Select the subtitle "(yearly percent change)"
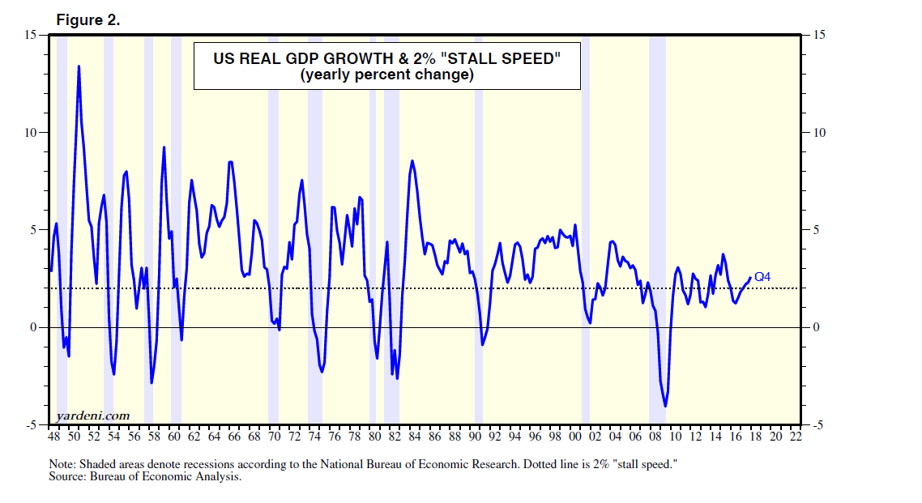pyautogui.click(x=386, y=75)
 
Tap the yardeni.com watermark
pyautogui.click(x=92, y=416)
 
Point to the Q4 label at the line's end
pyautogui.click(x=762, y=277)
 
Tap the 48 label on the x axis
pyautogui.click(x=54, y=437)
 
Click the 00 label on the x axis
pyautogui.click(x=574, y=437)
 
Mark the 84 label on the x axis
pyautogui.click(x=415, y=437)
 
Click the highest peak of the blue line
pyautogui.click(x=79, y=66)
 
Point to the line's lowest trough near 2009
pyautogui.click(x=665, y=406)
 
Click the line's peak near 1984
pyautogui.click(x=412, y=161)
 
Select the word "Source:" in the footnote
pyautogui.click(x=66, y=476)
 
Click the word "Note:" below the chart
pyautogui.click(x=62, y=464)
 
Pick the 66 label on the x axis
pyautogui.click(x=234, y=437)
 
